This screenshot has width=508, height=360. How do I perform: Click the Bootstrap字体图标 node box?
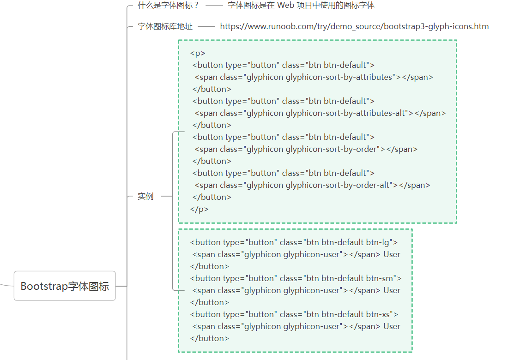(65, 286)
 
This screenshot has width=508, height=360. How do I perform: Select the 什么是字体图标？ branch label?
(168, 6)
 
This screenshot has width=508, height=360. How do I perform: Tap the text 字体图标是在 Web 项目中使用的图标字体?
(301, 6)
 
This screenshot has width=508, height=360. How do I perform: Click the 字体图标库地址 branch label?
(165, 26)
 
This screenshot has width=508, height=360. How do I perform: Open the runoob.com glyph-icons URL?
(354, 26)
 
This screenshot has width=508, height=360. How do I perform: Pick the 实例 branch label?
(145, 196)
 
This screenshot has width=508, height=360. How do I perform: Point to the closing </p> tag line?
(200, 209)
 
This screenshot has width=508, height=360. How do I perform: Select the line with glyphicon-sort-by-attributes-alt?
(320, 113)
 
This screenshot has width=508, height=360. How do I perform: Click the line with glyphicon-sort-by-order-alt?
(312, 185)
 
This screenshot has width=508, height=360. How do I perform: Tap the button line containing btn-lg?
(294, 242)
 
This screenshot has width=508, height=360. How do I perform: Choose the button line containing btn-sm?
(296, 278)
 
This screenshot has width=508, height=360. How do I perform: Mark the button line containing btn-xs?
(294, 314)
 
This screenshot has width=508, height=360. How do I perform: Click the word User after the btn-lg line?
(392, 254)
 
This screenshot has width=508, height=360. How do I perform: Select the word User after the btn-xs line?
(392, 326)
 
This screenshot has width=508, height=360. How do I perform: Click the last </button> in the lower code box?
(210, 338)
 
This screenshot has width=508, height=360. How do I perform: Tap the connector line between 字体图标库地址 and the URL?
(206, 26)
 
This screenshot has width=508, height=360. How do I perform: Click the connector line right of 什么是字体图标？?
(214, 6)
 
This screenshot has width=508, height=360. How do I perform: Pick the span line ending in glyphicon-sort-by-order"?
(306, 149)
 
